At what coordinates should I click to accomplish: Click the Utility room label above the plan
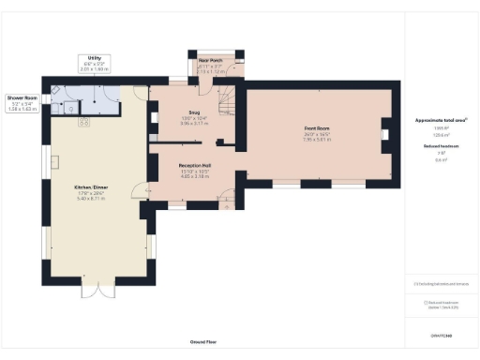(x=94, y=58)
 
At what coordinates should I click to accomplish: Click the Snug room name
(x=195, y=112)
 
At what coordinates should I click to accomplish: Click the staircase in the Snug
(x=225, y=97)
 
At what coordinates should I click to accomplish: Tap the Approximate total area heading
(x=441, y=121)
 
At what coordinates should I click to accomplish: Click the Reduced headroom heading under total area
(x=441, y=146)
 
